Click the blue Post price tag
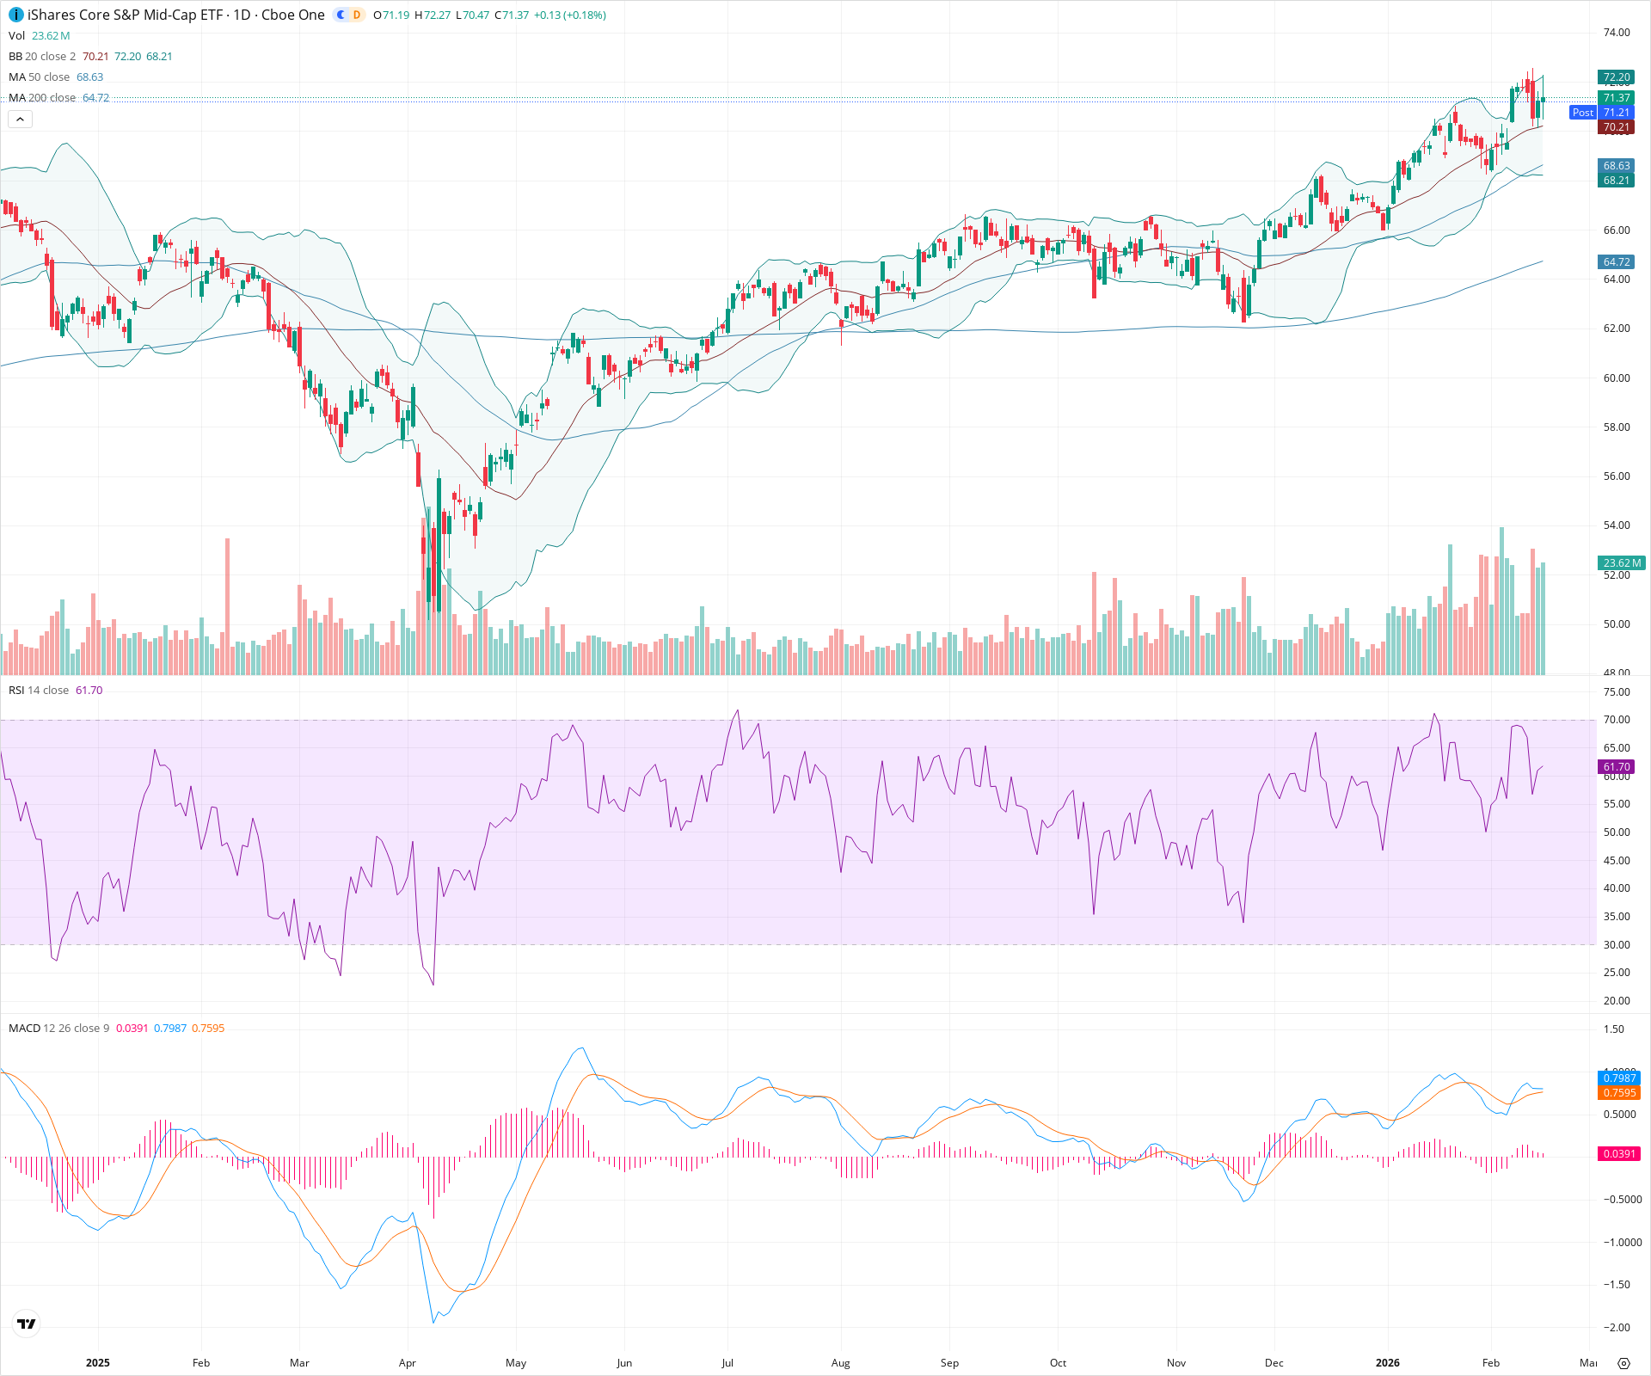coord(1582,113)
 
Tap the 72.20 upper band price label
coord(1616,77)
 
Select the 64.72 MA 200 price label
coord(1616,262)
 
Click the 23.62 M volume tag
coord(1621,563)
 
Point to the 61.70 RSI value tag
coord(1616,767)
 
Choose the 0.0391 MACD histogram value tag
coord(1618,1154)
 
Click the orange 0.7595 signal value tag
coord(1618,1093)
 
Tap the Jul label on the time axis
coord(727,1363)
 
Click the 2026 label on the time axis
coord(1387,1363)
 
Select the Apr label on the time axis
coord(408,1363)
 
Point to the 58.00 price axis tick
coord(1616,427)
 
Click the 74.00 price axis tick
coord(1616,33)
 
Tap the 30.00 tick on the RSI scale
coord(1616,945)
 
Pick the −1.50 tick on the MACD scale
coord(1616,1285)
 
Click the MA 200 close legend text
coord(42,98)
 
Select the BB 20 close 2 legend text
coord(42,57)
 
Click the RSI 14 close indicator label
coord(39,691)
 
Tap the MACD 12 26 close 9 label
coord(58,1029)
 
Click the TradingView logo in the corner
coord(27,1324)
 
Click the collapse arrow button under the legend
coord(20,120)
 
